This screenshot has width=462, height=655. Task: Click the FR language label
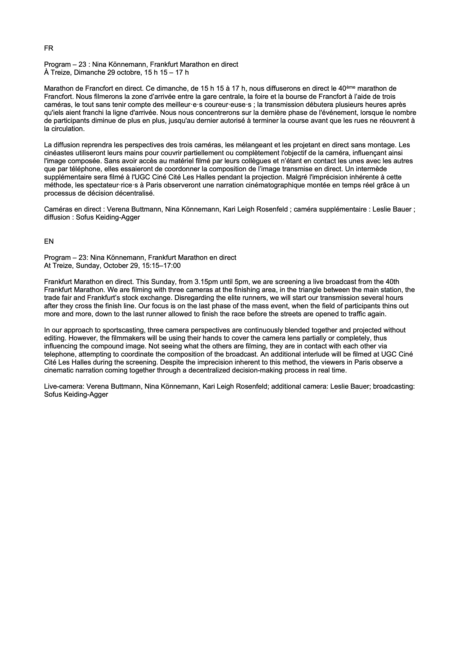(49, 48)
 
